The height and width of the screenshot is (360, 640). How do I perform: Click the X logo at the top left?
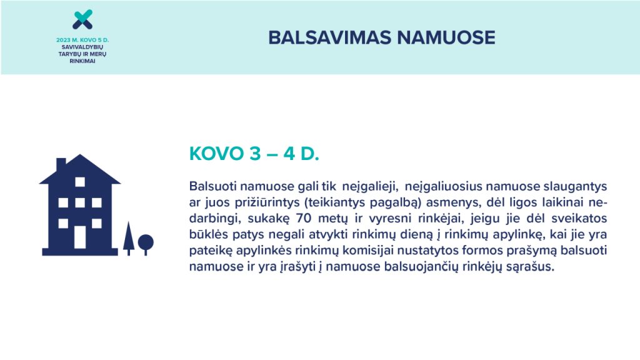pyautogui.click(x=82, y=19)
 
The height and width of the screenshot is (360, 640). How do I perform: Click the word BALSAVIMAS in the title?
pyautogui.click(x=330, y=37)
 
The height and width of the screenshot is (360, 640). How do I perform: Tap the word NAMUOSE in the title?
pyautogui.click(x=446, y=37)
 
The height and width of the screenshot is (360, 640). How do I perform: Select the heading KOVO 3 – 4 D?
pyautogui.click(x=254, y=154)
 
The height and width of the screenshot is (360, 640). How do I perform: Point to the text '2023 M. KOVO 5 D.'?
pyautogui.click(x=82, y=40)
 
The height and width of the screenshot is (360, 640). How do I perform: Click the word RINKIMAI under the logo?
pyautogui.click(x=82, y=61)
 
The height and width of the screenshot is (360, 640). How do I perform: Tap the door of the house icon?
pyautogui.click(x=80, y=237)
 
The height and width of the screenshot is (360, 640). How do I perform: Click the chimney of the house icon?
pyautogui.click(x=61, y=164)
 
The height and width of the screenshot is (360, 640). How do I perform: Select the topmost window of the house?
pyautogui.click(x=80, y=182)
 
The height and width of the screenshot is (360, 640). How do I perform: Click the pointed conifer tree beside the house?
pyautogui.click(x=129, y=238)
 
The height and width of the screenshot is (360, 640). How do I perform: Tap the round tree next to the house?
pyautogui.click(x=146, y=244)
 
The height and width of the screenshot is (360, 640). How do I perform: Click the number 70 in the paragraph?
pyautogui.click(x=304, y=218)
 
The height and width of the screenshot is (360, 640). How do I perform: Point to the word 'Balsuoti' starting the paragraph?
pyautogui.click(x=212, y=186)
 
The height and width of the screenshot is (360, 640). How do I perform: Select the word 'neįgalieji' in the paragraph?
pyautogui.click(x=370, y=187)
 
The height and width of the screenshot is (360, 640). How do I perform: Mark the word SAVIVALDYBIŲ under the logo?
pyautogui.click(x=82, y=47)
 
